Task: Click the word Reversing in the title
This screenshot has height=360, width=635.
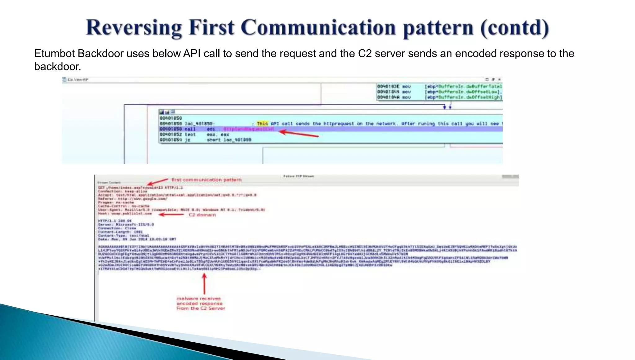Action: click(134, 28)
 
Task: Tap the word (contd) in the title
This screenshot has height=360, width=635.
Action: click(515, 28)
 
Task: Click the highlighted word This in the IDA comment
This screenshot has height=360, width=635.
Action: click(262, 123)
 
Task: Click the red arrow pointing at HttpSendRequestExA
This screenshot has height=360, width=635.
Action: click(299, 134)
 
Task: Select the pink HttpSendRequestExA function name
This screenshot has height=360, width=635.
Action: click(248, 129)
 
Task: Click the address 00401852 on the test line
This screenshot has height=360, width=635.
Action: click(171, 135)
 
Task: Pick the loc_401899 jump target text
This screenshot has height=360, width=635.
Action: click(238, 140)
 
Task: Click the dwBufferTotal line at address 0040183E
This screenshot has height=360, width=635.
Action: click(439, 87)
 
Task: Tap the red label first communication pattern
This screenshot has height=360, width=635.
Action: click(206, 180)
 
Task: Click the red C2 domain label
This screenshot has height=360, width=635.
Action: click(202, 215)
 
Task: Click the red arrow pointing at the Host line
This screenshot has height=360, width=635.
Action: click(171, 215)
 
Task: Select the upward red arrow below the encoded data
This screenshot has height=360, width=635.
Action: click(204, 284)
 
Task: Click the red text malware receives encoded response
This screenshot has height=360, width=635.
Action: click(200, 303)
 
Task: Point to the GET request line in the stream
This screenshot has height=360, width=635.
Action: click(140, 188)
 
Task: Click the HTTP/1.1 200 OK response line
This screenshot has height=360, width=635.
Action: click(115, 221)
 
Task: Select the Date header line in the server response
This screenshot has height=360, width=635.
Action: click(137, 239)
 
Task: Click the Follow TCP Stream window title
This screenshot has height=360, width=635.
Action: click(298, 176)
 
